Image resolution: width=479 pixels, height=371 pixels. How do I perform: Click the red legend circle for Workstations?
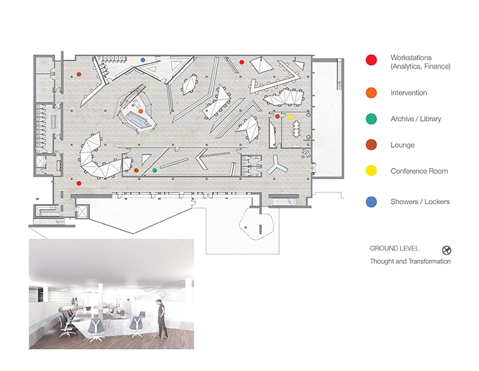click(371, 60)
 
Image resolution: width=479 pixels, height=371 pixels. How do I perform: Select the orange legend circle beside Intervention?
click(371, 93)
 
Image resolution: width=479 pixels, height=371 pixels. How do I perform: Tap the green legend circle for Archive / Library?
click(371, 119)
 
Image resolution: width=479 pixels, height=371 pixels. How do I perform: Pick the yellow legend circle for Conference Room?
click(371, 171)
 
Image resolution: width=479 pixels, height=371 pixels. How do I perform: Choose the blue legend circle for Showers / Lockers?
click(371, 202)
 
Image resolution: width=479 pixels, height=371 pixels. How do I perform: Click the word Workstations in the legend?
click(411, 58)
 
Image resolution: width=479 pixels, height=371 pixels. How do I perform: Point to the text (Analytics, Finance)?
click(420, 67)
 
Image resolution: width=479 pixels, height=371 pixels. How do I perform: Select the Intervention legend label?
click(409, 93)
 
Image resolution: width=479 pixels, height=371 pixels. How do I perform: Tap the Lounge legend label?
click(402, 145)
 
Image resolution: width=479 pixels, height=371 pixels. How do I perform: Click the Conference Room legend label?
click(419, 171)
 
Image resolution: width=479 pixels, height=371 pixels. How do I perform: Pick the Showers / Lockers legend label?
click(420, 201)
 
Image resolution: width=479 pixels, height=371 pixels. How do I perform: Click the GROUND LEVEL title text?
click(394, 248)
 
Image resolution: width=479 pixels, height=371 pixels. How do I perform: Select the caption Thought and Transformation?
click(410, 261)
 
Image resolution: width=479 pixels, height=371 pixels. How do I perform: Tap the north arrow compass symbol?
click(446, 251)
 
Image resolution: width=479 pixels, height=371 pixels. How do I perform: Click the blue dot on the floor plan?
click(142, 60)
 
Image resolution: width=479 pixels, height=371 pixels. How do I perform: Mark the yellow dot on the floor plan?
click(291, 116)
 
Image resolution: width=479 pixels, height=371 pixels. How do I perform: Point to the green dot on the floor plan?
click(155, 170)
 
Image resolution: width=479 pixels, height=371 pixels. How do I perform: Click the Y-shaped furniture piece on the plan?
click(277, 166)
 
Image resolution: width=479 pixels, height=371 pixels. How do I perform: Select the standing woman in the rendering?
click(162, 319)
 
